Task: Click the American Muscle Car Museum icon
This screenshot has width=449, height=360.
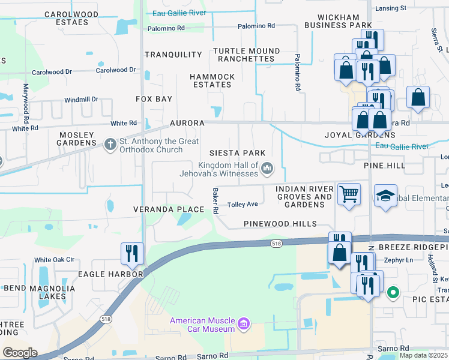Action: [244, 325]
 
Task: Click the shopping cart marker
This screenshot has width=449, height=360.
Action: [349, 194]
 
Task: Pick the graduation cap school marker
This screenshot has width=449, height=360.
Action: [385, 196]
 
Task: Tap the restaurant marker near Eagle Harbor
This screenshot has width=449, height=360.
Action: [131, 253]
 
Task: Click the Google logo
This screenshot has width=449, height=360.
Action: [20, 353]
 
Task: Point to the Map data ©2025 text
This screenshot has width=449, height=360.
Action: [423, 355]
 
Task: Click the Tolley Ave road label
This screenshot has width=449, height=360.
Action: [243, 205]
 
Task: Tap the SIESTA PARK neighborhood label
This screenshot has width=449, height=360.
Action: [237, 153]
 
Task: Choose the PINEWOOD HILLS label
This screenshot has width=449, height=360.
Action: [280, 224]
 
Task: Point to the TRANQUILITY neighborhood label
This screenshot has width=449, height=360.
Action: [173, 55]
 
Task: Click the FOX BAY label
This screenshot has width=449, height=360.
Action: [154, 99]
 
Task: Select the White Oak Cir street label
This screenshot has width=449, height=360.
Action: [54, 260]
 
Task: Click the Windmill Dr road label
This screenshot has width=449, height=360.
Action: [81, 100]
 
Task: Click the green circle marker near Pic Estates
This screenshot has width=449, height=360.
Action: [393, 293]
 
